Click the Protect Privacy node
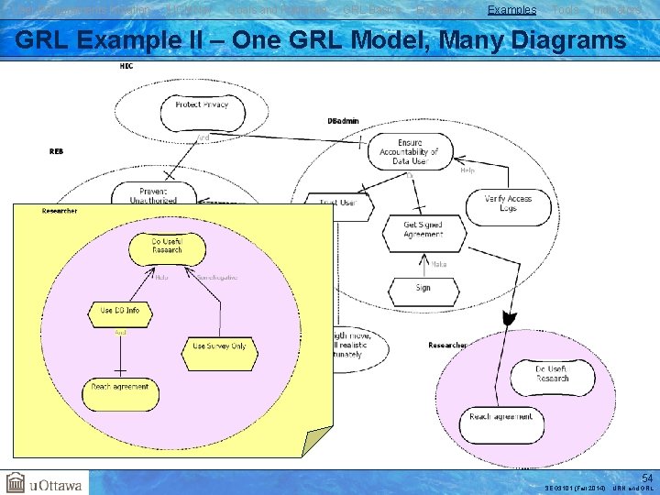[201, 104]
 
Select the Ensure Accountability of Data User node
[411, 151]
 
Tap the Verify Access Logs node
[508, 203]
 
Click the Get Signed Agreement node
[423, 229]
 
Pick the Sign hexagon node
[423, 288]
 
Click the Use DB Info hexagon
[120, 312]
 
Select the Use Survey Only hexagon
[219, 346]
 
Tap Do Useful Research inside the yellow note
[167, 246]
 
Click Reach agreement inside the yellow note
[120, 387]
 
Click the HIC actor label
[126, 66]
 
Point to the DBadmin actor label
[343, 121]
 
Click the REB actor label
[56, 150]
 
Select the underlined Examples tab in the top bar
[511, 9]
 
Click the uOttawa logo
[44, 483]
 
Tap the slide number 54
[645, 478]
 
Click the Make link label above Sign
[439, 264]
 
